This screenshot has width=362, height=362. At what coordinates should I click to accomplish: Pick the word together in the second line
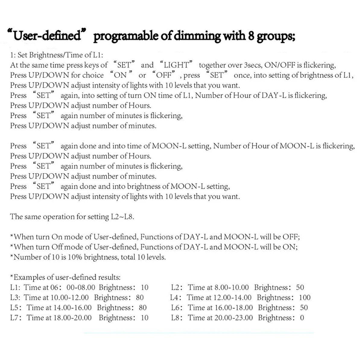pos(211,65)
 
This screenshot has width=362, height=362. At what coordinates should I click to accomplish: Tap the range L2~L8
pos(122,217)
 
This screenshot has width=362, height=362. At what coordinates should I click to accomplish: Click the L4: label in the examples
pos(176,297)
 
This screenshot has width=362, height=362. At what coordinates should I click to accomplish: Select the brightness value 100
pos(305,297)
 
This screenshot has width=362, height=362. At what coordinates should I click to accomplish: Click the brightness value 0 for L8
pos(302,318)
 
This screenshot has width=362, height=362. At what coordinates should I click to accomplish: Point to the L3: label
pos(15,297)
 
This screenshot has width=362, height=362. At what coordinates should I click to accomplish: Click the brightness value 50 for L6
pos(304,308)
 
